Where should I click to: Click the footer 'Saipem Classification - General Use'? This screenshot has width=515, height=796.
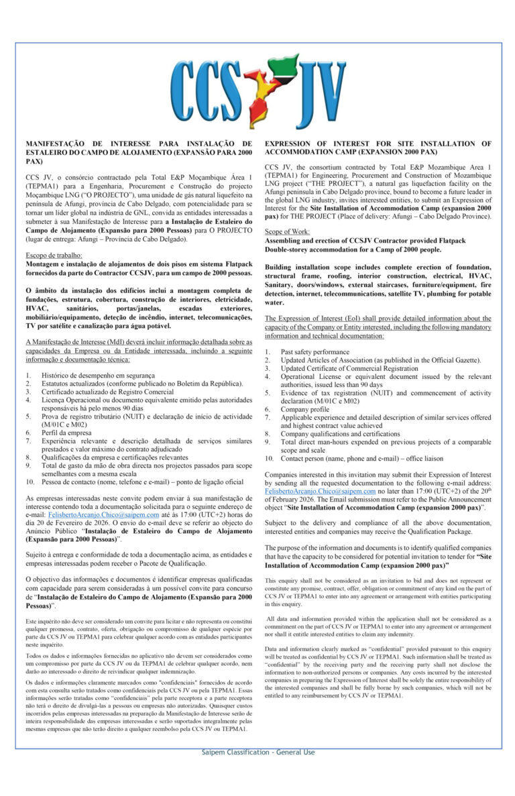click(257, 752)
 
